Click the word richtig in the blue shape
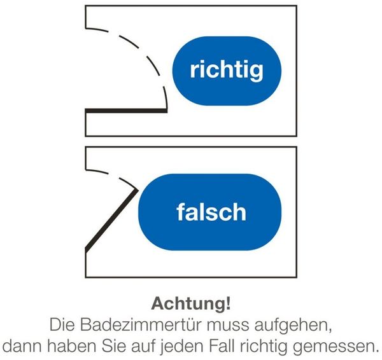[x=227, y=71]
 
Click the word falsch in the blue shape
[x=211, y=212]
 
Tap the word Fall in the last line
[x=223, y=346]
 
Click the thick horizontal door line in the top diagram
[x=126, y=111]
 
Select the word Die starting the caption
[x=62, y=325]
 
